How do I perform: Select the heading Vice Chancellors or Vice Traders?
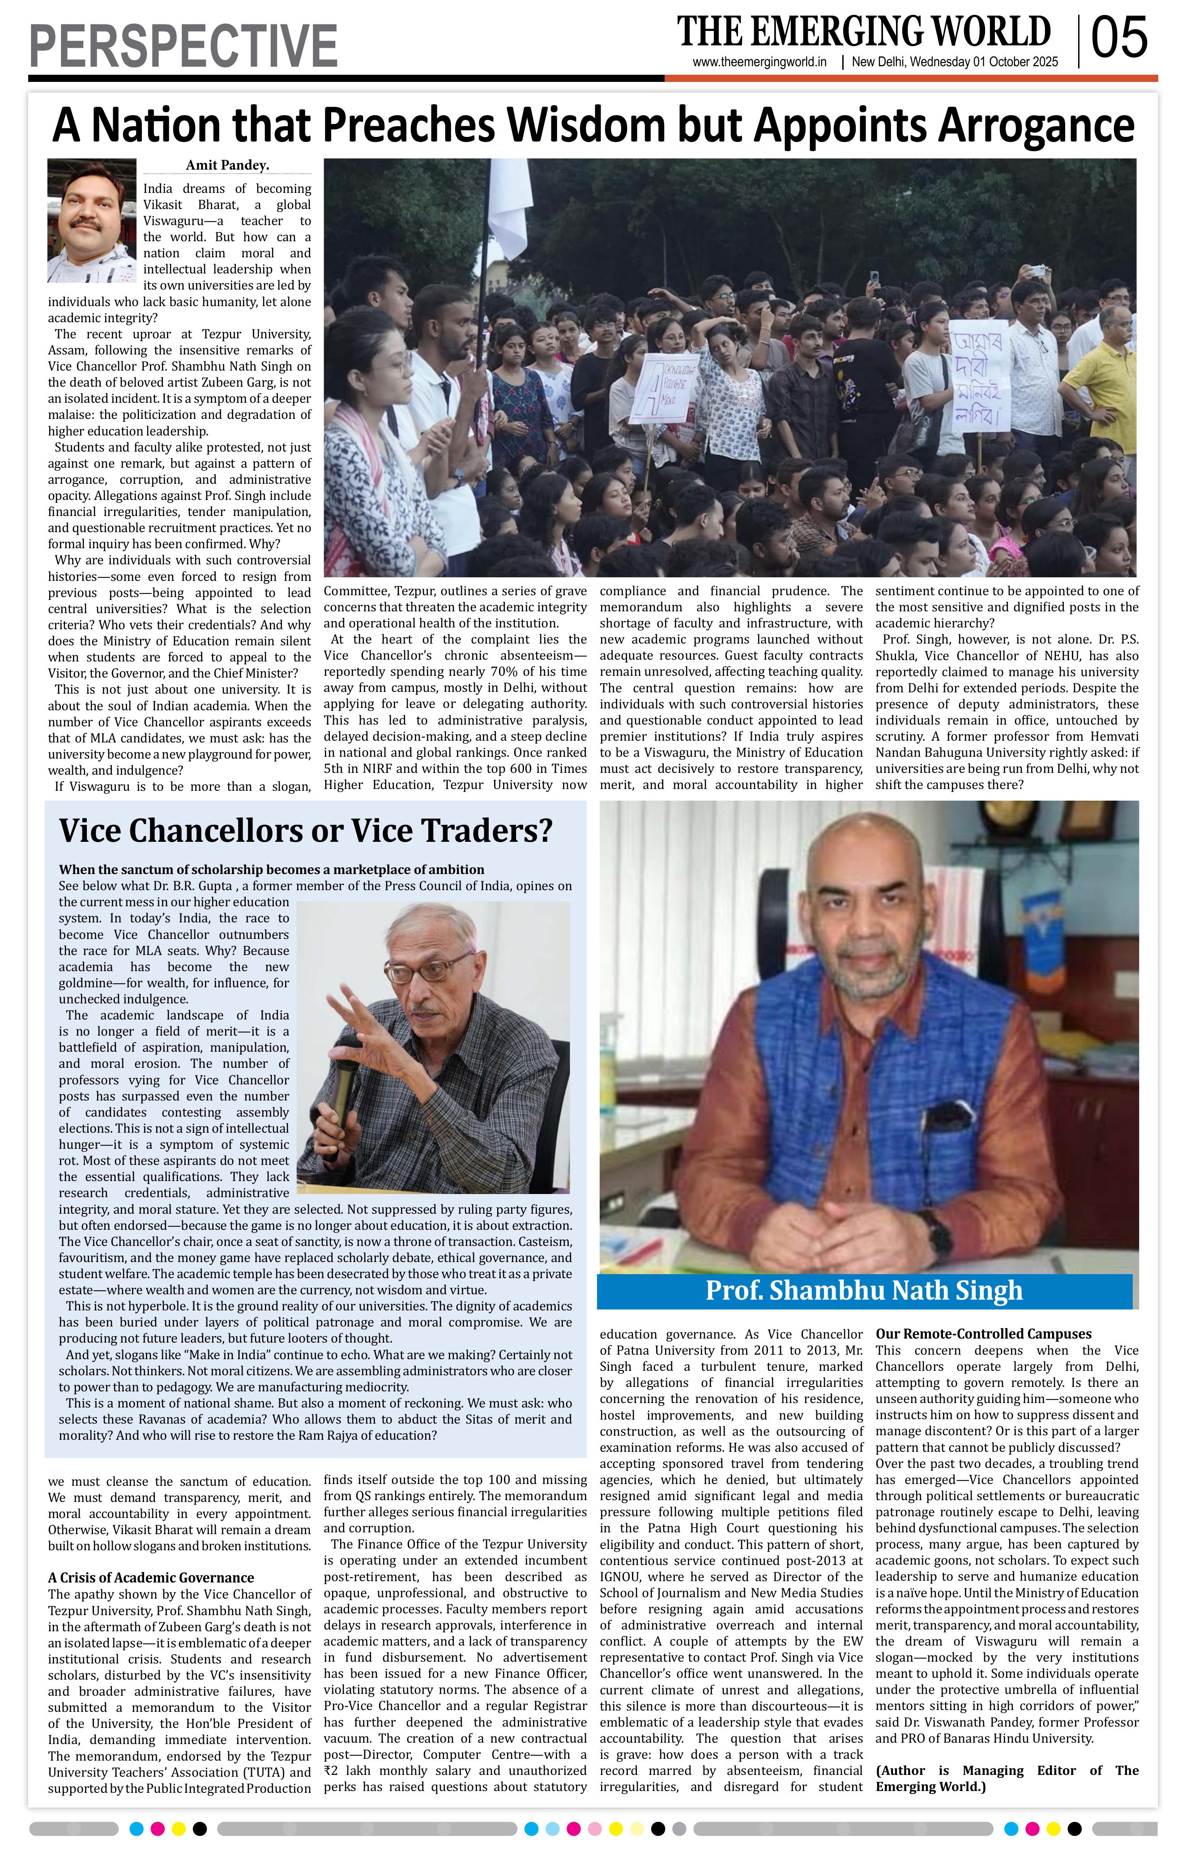coord(306,831)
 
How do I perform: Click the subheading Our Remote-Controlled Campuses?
coord(983,1334)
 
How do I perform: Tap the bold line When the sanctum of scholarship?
coord(272,870)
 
